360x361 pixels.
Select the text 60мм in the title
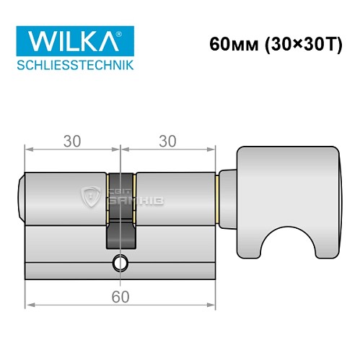point(230,43)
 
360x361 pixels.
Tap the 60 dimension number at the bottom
point(120,295)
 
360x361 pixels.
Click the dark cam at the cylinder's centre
point(120,217)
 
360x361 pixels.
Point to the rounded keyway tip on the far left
point(21,195)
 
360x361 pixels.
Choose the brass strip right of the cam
point(134,195)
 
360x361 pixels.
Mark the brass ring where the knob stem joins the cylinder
point(217,195)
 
